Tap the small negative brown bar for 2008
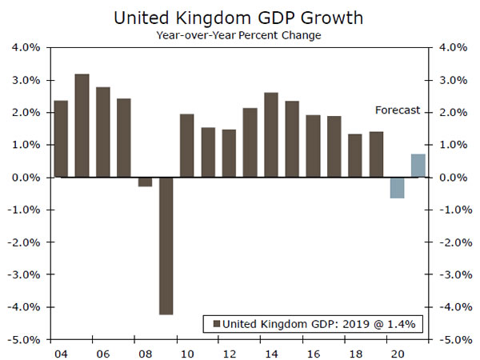point(145,182)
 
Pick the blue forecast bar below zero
point(397,187)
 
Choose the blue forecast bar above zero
point(418,166)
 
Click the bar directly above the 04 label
point(61,139)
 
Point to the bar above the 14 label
point(271,135)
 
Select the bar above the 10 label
point(186,146)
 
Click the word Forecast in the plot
point(398,110)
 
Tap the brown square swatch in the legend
point(214,324)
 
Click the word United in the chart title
point(139,17)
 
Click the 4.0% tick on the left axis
point(26,48)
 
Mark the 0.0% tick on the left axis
point(26,178)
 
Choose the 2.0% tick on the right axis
point(450,113)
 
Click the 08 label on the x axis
point(145,353)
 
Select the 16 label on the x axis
point(313,353)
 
